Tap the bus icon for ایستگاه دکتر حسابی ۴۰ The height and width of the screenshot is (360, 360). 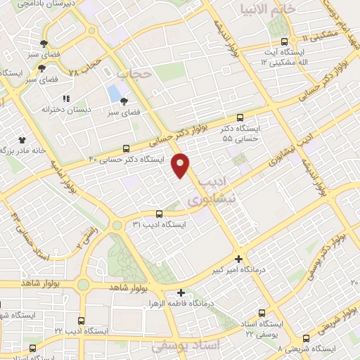(x=126, y=148)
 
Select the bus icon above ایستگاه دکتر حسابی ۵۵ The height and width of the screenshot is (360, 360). (x=240, y=118)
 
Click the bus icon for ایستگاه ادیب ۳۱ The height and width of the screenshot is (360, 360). (x=159, y=214)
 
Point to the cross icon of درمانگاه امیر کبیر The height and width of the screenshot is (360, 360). (x=239, y=258)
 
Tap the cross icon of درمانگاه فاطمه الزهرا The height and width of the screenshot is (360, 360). (x=181, y=292)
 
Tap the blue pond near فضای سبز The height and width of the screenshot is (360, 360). (x=114, y=94)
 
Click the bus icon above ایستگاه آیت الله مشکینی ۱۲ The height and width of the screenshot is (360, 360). (x=284, y=41)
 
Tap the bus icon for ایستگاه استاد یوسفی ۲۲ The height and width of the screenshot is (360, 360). (x=262, y=314)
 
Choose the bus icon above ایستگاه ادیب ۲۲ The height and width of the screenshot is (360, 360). (x=81, y=321)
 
